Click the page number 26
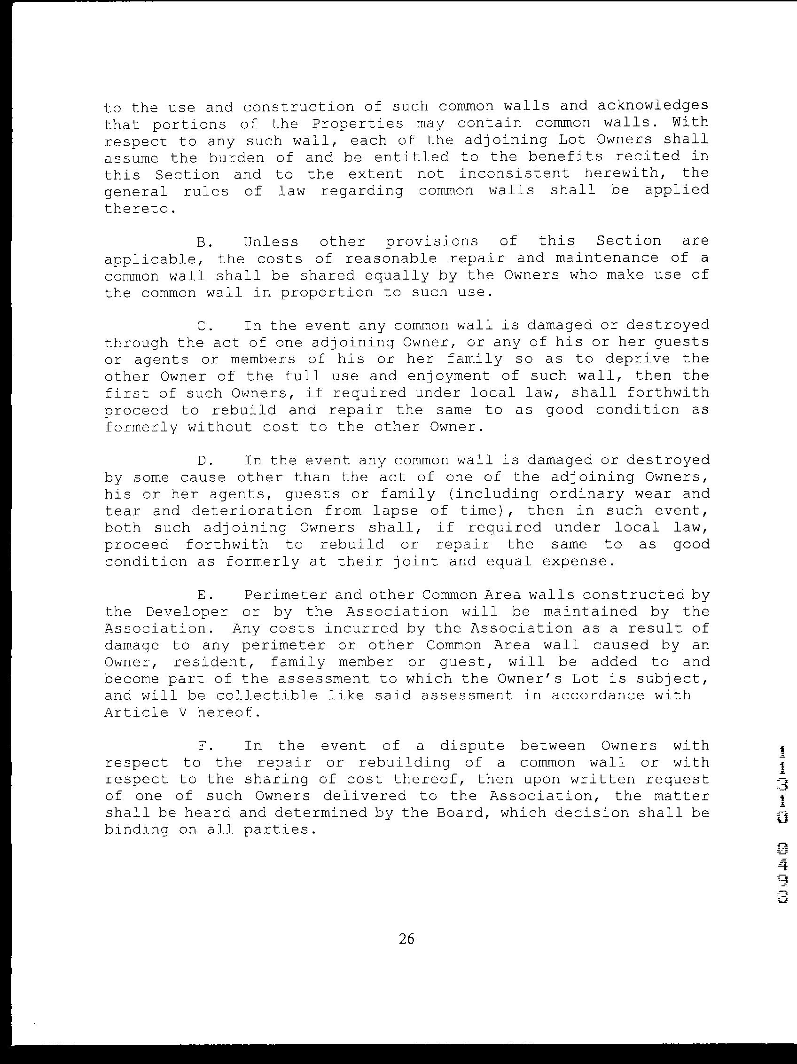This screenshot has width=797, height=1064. point(406,939)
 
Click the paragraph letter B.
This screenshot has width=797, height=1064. point(202,242)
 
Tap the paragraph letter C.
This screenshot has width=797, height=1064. point(202,326)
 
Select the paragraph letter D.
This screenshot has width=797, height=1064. point(202,461)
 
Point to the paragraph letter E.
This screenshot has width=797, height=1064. point(202,595)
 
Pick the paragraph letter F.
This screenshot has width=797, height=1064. point(202,746)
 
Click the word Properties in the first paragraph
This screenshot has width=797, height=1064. point(357,124)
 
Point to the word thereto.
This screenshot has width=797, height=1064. point(137,209)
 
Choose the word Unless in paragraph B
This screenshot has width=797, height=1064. point(271,242)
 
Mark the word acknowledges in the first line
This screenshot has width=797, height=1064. point(653,106)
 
